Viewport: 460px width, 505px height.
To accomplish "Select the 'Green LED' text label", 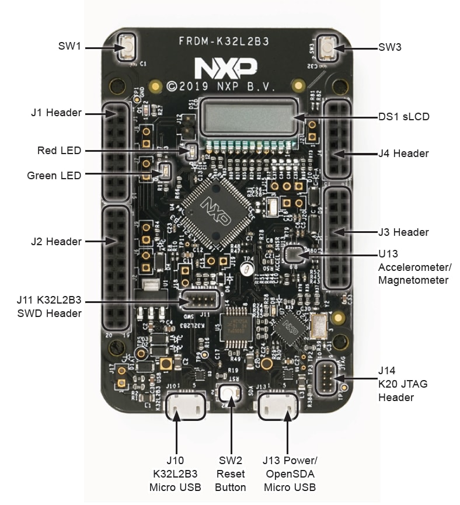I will pos(54,175).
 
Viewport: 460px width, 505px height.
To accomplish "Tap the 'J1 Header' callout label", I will pos(56,113).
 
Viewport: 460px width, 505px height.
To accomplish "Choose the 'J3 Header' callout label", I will pos(403,232).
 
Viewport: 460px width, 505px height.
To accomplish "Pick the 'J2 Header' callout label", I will pos(56,241).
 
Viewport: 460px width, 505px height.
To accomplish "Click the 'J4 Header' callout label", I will pos(403,154).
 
